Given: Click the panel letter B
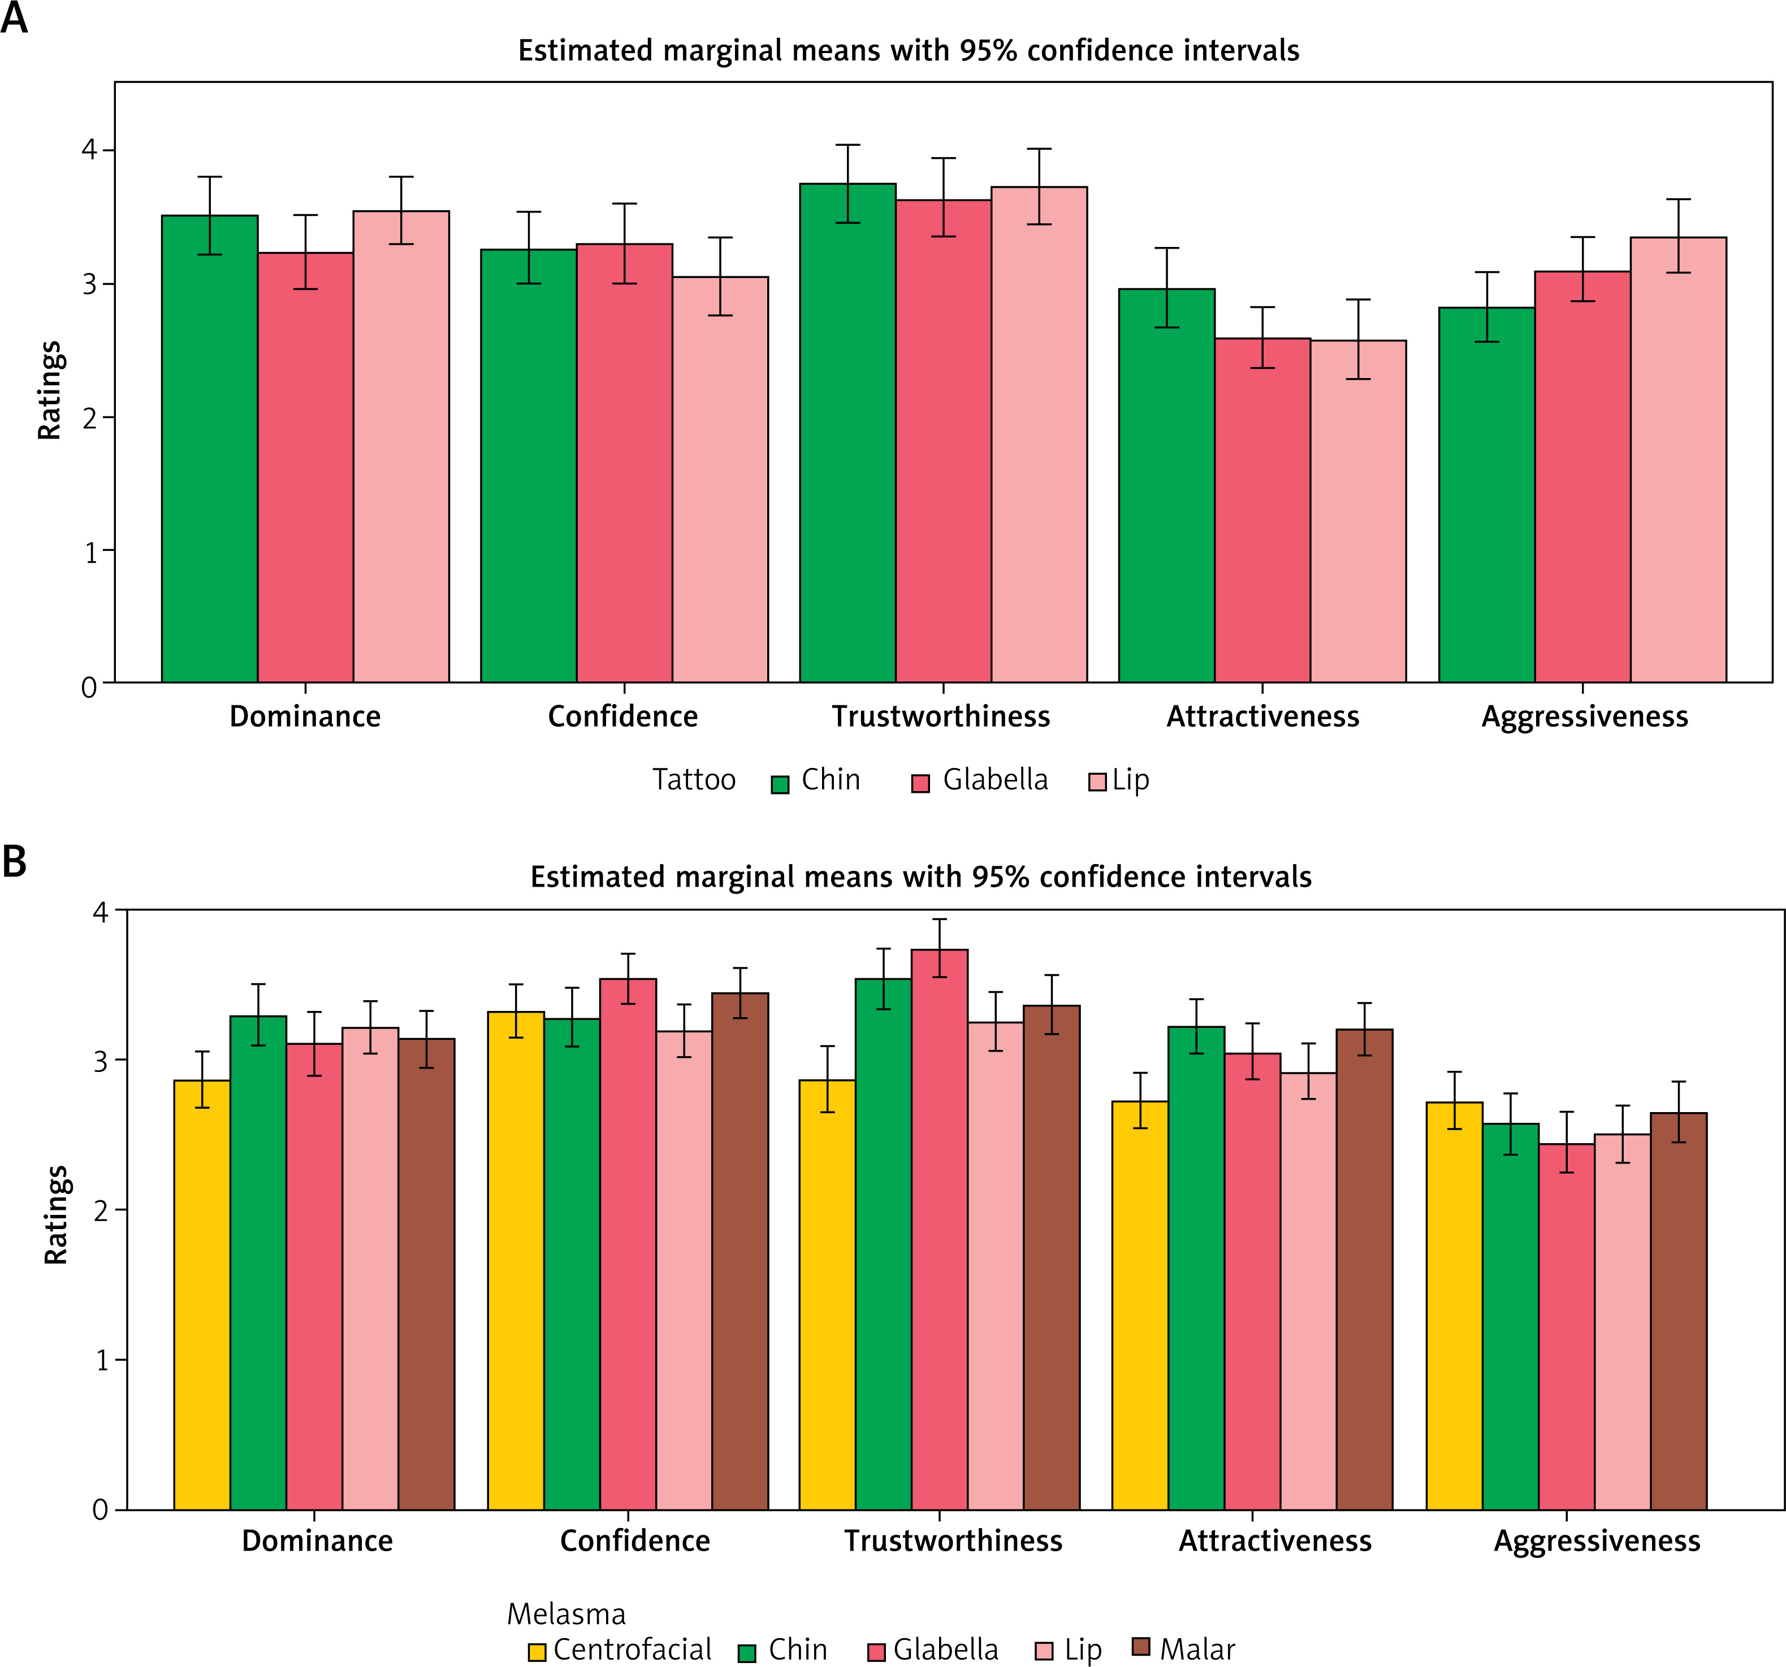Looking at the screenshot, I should (x=14, y=861).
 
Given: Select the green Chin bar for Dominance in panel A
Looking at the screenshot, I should (x=209, y=449).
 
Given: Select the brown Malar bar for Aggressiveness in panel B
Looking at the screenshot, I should (x=1678, y=1312).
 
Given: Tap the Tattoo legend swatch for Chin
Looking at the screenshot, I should (x=780, y=784).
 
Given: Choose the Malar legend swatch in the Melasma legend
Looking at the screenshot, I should (x=1141, y=1646).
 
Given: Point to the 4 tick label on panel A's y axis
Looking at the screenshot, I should (x=89, y=149).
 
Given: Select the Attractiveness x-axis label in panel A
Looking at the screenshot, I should (x=1262, y=717).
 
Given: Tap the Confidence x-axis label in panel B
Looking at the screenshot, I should (x=634, y=1541).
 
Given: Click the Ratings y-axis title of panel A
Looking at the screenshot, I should (x=49, y=390).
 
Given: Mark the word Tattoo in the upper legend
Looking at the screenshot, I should (x=694, y=780).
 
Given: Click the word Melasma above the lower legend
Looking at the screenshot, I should (x=566, y=1614).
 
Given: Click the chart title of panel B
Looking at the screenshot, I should (x=921, y=876).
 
